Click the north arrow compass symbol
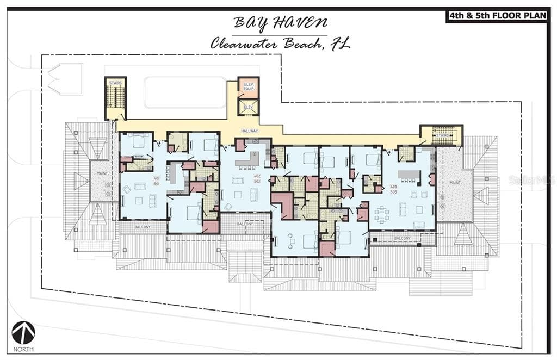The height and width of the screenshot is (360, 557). tap(23, 333)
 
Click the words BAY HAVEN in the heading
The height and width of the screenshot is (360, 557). tap(280, 23)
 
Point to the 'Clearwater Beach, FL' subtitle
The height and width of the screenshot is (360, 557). tap(280, 44)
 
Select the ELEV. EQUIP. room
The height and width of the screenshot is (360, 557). tap(248, 87)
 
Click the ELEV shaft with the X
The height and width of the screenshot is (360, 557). tap(248, 107)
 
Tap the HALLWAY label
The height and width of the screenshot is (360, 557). tap(250, 131)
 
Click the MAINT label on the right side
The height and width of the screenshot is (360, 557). tap(455, 183)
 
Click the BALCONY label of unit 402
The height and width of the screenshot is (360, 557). tap(245, 224)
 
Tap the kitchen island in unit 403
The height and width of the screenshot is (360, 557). tap(409, 175)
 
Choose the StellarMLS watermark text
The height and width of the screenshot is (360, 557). tap(531, 179)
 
